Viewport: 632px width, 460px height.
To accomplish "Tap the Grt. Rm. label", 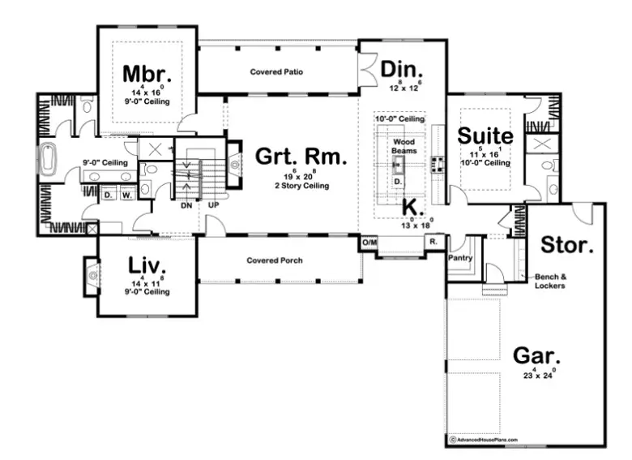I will point(301,157).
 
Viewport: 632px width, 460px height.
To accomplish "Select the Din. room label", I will point(402,70).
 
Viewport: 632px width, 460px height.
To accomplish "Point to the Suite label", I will point(485,135).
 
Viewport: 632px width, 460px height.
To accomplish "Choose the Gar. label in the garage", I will point(537,356).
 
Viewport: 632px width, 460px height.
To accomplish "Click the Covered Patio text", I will point(276,72).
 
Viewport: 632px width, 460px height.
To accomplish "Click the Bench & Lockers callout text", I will point(552,281).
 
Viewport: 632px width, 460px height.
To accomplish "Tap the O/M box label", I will point(369,243).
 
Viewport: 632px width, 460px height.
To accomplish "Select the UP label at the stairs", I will point(215,206).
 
